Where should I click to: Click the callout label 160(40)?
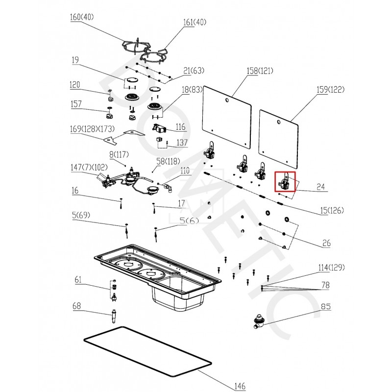[x=82, y=17]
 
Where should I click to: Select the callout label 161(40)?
[x=195, y=23]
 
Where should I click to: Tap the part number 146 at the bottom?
[x=239, y=386]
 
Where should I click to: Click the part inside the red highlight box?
[x=285, y=183]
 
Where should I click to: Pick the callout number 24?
[x=320, y=187]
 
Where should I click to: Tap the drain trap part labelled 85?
[x=258, y=321]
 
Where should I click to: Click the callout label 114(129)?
[x=331, y=268]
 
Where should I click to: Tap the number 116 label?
[x=181, y=127]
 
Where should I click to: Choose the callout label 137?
[x=182, y=143]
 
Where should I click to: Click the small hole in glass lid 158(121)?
[x=227, y=100]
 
